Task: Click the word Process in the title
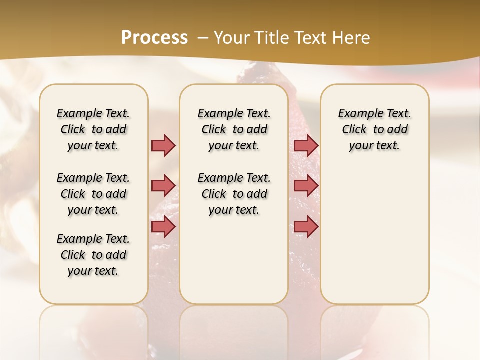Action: click(154, 37)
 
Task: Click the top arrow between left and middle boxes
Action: click(163, 145)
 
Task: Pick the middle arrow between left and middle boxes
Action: click(163, 186)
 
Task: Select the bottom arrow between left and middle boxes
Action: click(163, 226)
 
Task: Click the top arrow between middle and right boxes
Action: click(306, 145)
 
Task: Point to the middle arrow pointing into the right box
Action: click(306, 186)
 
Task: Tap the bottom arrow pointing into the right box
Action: click(306, 226)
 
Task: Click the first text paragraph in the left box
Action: click(93, 129)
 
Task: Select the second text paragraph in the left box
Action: click(93, 194)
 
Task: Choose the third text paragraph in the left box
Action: click(93, 255)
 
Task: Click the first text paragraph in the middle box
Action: click(234, 129)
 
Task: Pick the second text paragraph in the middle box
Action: click(234, 194)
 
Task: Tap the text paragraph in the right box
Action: click(374, 129)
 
